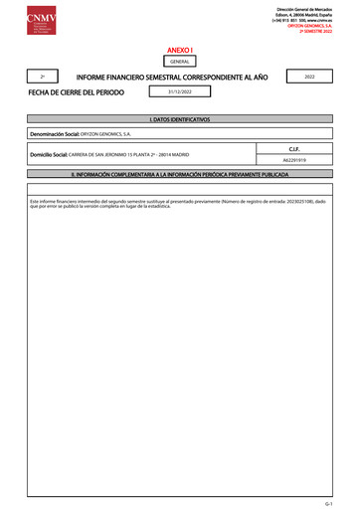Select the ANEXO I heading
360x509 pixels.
179,47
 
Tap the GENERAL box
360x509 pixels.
179,62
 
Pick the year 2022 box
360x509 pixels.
310,77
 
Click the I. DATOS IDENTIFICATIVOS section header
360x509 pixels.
179,118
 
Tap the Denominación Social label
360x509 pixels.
55,132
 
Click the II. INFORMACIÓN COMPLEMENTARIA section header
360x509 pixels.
179,174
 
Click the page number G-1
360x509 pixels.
341,504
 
